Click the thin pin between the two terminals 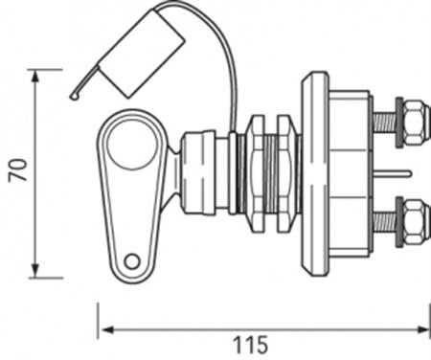click(395, 173)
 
